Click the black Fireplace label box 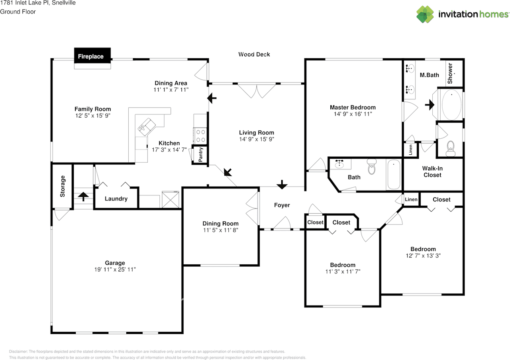pos(92,55)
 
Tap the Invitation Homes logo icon pos(425,14)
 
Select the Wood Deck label pos(254,54)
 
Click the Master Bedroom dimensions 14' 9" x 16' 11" pos(353,114)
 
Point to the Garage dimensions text pos(115,270)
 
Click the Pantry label pos(200,154)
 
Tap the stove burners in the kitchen pos(200,136)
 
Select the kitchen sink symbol pos(147,127)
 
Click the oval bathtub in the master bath pos(452,104)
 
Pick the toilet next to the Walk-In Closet pos(451,149)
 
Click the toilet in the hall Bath pos(372,167)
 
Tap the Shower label pos(450,73)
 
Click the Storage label pos(63,186)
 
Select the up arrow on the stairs pos(83,197)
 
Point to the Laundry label pos(116,199)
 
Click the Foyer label pos(282,205)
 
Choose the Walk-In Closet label pos(432,171)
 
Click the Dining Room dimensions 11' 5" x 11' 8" pos(221,230)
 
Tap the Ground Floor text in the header pos(18,12)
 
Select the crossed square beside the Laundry pos(171,200)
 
